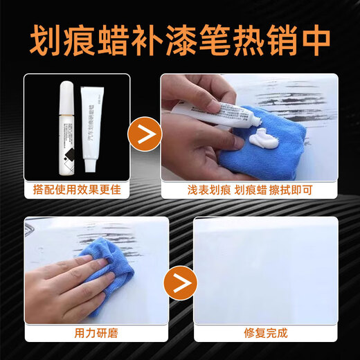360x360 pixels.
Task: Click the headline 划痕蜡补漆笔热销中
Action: point(180,39)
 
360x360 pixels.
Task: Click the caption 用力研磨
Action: point(96,333)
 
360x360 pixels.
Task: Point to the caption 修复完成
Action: point(267,333)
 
